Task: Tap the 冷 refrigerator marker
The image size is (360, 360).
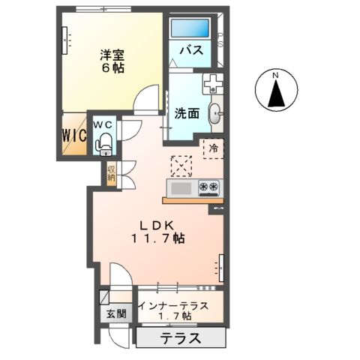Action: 213,148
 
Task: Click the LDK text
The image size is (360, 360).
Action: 156,224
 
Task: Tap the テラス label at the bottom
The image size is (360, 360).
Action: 180,339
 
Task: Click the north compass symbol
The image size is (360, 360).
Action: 274,88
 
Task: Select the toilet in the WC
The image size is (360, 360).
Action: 104,142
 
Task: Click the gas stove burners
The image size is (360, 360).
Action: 208,186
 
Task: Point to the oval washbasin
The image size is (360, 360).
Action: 216,114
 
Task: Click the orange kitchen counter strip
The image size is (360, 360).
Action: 191,200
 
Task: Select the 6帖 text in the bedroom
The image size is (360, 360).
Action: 114,67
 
